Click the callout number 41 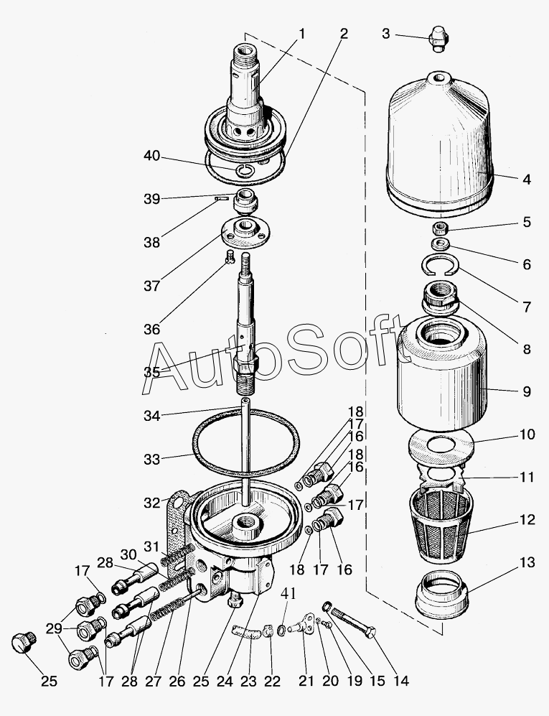click(288, 594)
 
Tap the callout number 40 click(152, 156)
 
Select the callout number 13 click(527, 562)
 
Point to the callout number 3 click(386, 34)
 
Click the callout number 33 click(152, 460)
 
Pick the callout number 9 click(527, 391)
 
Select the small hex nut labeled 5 click(440, 227)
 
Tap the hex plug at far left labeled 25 click(23, 643)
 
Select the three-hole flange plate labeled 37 click(245, 233)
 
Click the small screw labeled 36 click(230, 256)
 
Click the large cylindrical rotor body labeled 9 click(442, 374)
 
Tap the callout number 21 click(306, 681)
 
